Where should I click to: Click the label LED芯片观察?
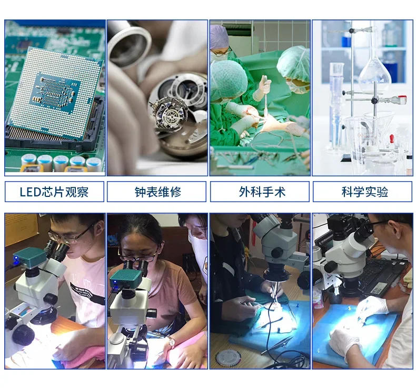[54, 192]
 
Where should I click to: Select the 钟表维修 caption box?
[157, 192]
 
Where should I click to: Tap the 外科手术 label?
[260, 192]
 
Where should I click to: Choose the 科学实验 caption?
[363, 192]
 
